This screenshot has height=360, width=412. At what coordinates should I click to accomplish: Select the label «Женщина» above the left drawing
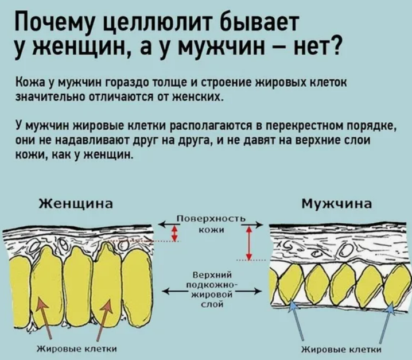75,204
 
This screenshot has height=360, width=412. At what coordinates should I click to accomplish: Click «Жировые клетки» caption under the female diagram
77,347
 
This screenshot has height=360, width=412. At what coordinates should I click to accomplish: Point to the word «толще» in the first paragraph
168,84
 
